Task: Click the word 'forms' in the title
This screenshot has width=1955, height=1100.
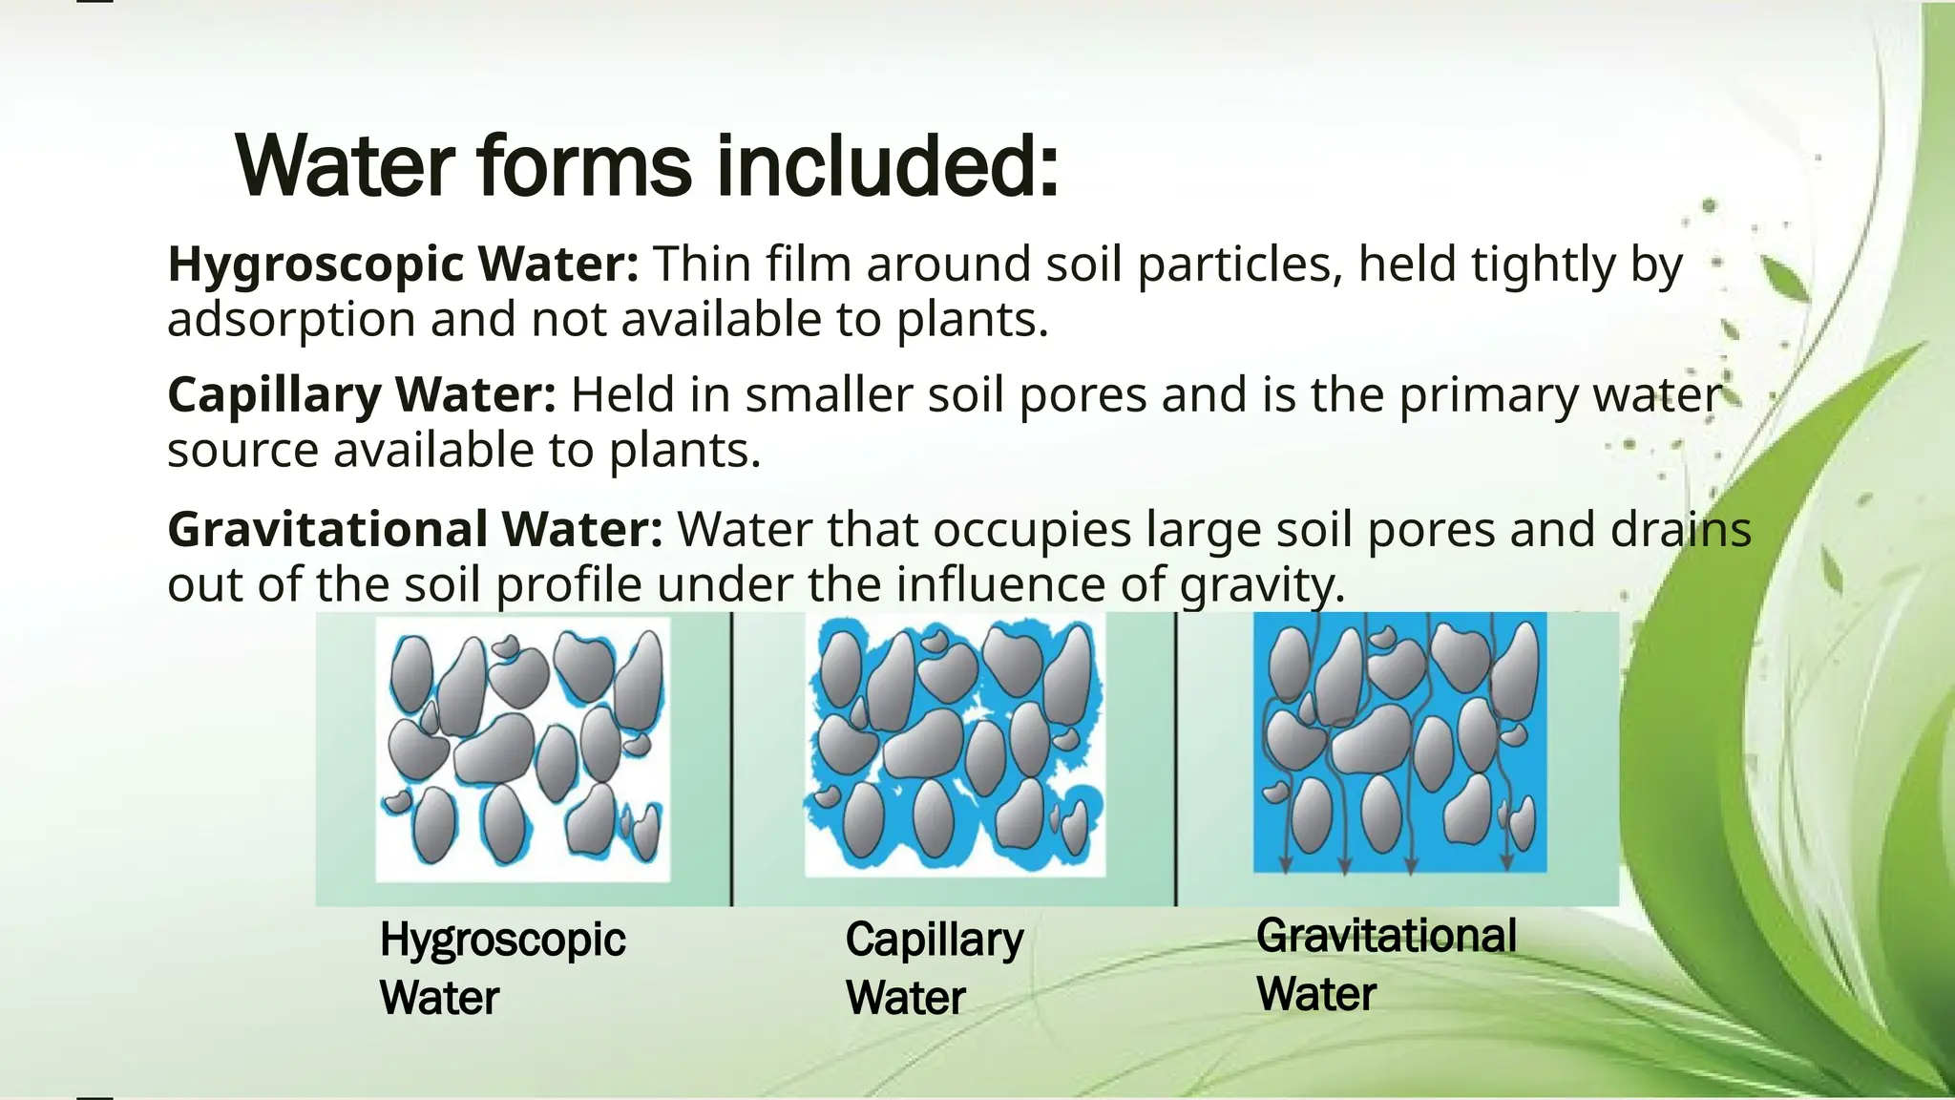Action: click(583, 166)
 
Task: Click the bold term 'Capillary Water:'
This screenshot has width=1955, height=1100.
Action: click(361, 395)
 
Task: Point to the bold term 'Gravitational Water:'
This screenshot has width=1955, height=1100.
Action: click(414, 530)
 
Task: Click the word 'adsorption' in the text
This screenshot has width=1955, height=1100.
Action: click(291, 320)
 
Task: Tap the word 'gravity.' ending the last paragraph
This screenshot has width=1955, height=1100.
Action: click(1262, 585)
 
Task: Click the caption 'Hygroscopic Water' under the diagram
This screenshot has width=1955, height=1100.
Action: click(502, 967)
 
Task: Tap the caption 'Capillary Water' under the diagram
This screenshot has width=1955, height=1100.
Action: click(934, 967)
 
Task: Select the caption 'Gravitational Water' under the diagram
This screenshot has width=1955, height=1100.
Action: click(1385, 963)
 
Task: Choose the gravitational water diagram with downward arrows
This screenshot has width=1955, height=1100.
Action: click(1399, 743)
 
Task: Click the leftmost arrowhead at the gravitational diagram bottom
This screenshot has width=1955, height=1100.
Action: click(1286, 865)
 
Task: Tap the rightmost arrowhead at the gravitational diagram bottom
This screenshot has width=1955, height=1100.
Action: click(1507, 862)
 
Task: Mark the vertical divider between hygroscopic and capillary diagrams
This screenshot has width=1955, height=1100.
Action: click(732, 759)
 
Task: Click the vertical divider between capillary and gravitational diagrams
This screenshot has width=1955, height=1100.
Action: click(1176, 759)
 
